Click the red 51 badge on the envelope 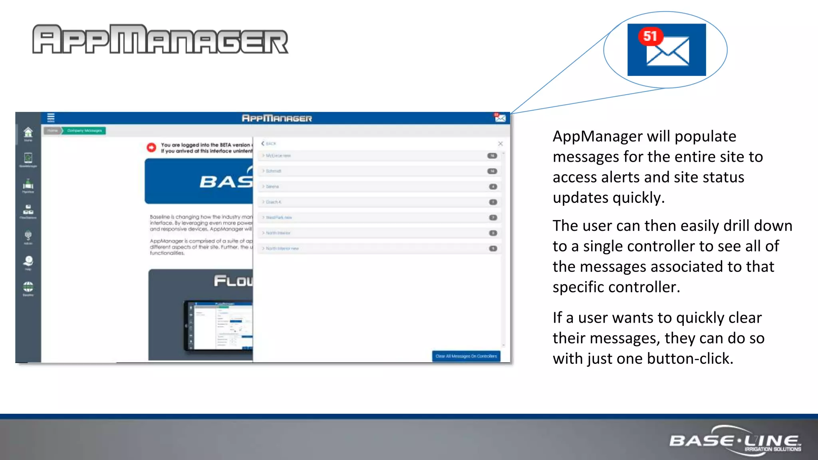(650, 36)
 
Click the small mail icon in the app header (500, 118)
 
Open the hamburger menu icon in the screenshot (51, 117)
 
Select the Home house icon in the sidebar (28, 133)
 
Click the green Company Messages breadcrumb (84, 131)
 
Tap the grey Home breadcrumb (52, 131)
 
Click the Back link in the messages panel (269, 143)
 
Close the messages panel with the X (500, 143)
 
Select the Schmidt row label (274, 171)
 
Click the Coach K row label (274, 202)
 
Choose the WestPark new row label (279, 218)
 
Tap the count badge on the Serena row (493, 186)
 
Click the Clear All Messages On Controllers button (466, 356)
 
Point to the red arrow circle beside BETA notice (151, 147)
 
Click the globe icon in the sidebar (28, 287)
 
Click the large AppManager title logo (160, 39)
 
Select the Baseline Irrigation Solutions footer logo (735, 441)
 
